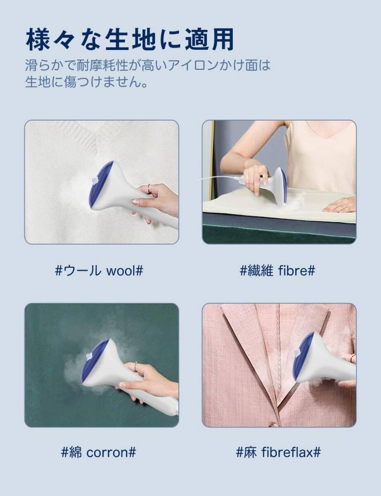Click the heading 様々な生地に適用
[x=130, y=40]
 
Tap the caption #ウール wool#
[x=99, y=271]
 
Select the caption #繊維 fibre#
[x=277, y=271]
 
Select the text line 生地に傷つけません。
[x=86, y=82]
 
